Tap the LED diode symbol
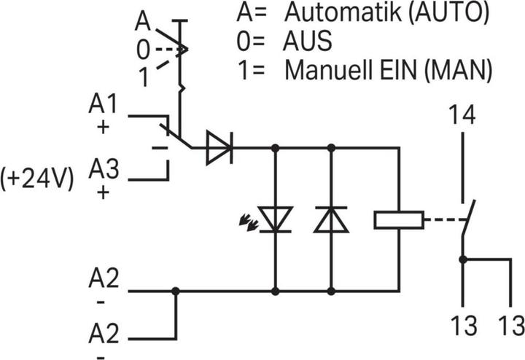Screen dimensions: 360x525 coord(276,219)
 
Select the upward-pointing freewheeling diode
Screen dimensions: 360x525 coord(331,219)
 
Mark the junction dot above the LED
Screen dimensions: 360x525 coord(276,147)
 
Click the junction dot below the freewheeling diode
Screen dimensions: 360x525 coord(331,291)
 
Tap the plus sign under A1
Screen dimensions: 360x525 coord(102,126)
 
